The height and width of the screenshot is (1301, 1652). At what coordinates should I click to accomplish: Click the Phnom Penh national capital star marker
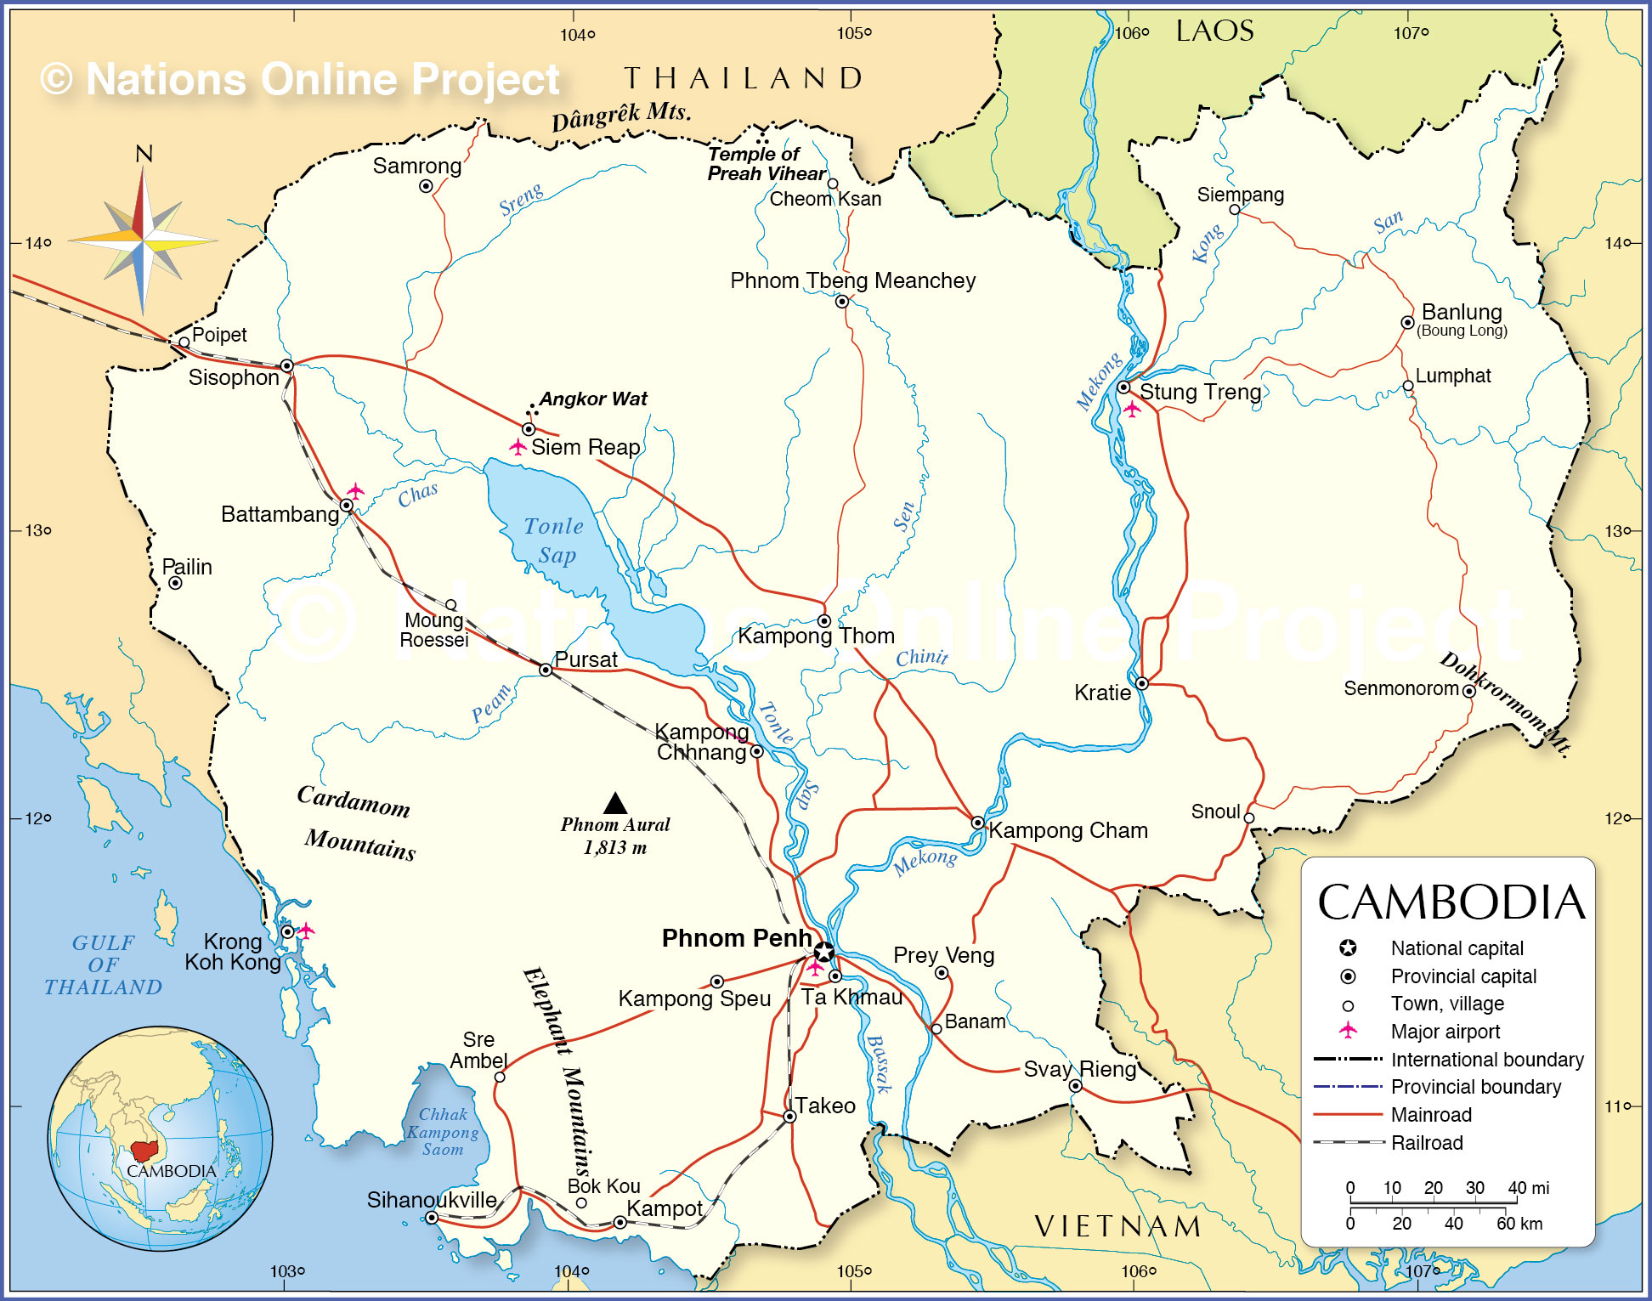point(823,951)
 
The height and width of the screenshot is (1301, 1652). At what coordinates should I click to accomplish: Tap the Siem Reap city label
point(586,448)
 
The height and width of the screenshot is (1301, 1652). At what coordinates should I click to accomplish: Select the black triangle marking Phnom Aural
point(615,803)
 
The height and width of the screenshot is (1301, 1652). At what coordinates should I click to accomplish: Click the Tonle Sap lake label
point(554,540)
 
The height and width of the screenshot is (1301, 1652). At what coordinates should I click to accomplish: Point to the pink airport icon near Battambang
point(355,491)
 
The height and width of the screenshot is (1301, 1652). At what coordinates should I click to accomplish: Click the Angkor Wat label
point(593,399)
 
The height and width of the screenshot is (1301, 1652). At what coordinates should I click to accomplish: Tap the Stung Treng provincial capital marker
point(1123,387)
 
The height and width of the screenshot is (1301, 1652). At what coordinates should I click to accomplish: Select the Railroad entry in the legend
point(1427,1143)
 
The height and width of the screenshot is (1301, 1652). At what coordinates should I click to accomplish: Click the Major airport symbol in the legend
point(1348,1031)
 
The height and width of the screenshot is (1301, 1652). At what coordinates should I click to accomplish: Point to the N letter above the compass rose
point(144,154)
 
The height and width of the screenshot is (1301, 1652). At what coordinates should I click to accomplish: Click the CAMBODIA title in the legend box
point(1451,902)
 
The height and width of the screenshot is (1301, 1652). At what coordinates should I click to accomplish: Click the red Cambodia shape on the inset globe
point(145,1151)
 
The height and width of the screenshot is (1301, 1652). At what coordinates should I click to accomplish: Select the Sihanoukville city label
point(432,1200)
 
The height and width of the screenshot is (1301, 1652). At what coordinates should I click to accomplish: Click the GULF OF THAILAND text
point(104,965)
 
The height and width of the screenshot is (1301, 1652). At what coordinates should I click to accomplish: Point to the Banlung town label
point(1462,312)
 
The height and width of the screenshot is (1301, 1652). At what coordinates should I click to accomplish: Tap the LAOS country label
point(1214,31)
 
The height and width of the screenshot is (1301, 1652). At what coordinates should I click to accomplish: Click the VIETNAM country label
point(1118,1226)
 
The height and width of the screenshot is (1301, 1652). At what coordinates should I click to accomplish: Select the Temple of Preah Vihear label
point(766,164)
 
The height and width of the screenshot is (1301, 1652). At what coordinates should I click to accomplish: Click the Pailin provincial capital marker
point(175,583)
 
